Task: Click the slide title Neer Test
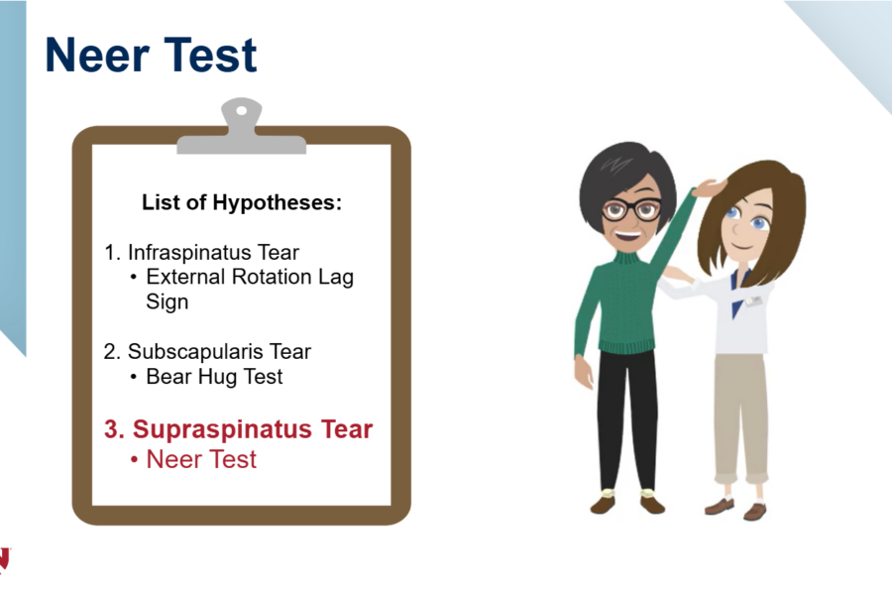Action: coord(151,56)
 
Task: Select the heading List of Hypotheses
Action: coord(242,203)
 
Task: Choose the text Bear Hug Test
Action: coord(214,377)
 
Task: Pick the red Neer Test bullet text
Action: coord(201,459)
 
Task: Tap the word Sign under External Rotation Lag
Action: coord(167,301)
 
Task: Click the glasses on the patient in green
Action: coord(631,209)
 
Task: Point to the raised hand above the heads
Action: coord(707,187)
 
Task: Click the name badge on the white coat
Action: coord(754,299)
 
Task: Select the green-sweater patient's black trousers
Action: coord(626,416)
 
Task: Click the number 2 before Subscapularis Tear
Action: coord(110,351)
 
